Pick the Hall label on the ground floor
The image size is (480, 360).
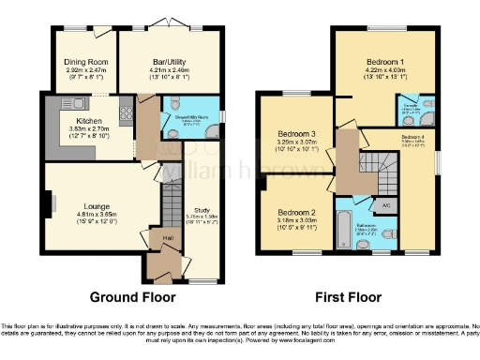(x=165, y=239)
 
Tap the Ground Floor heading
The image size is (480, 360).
(x=128, y=298)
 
